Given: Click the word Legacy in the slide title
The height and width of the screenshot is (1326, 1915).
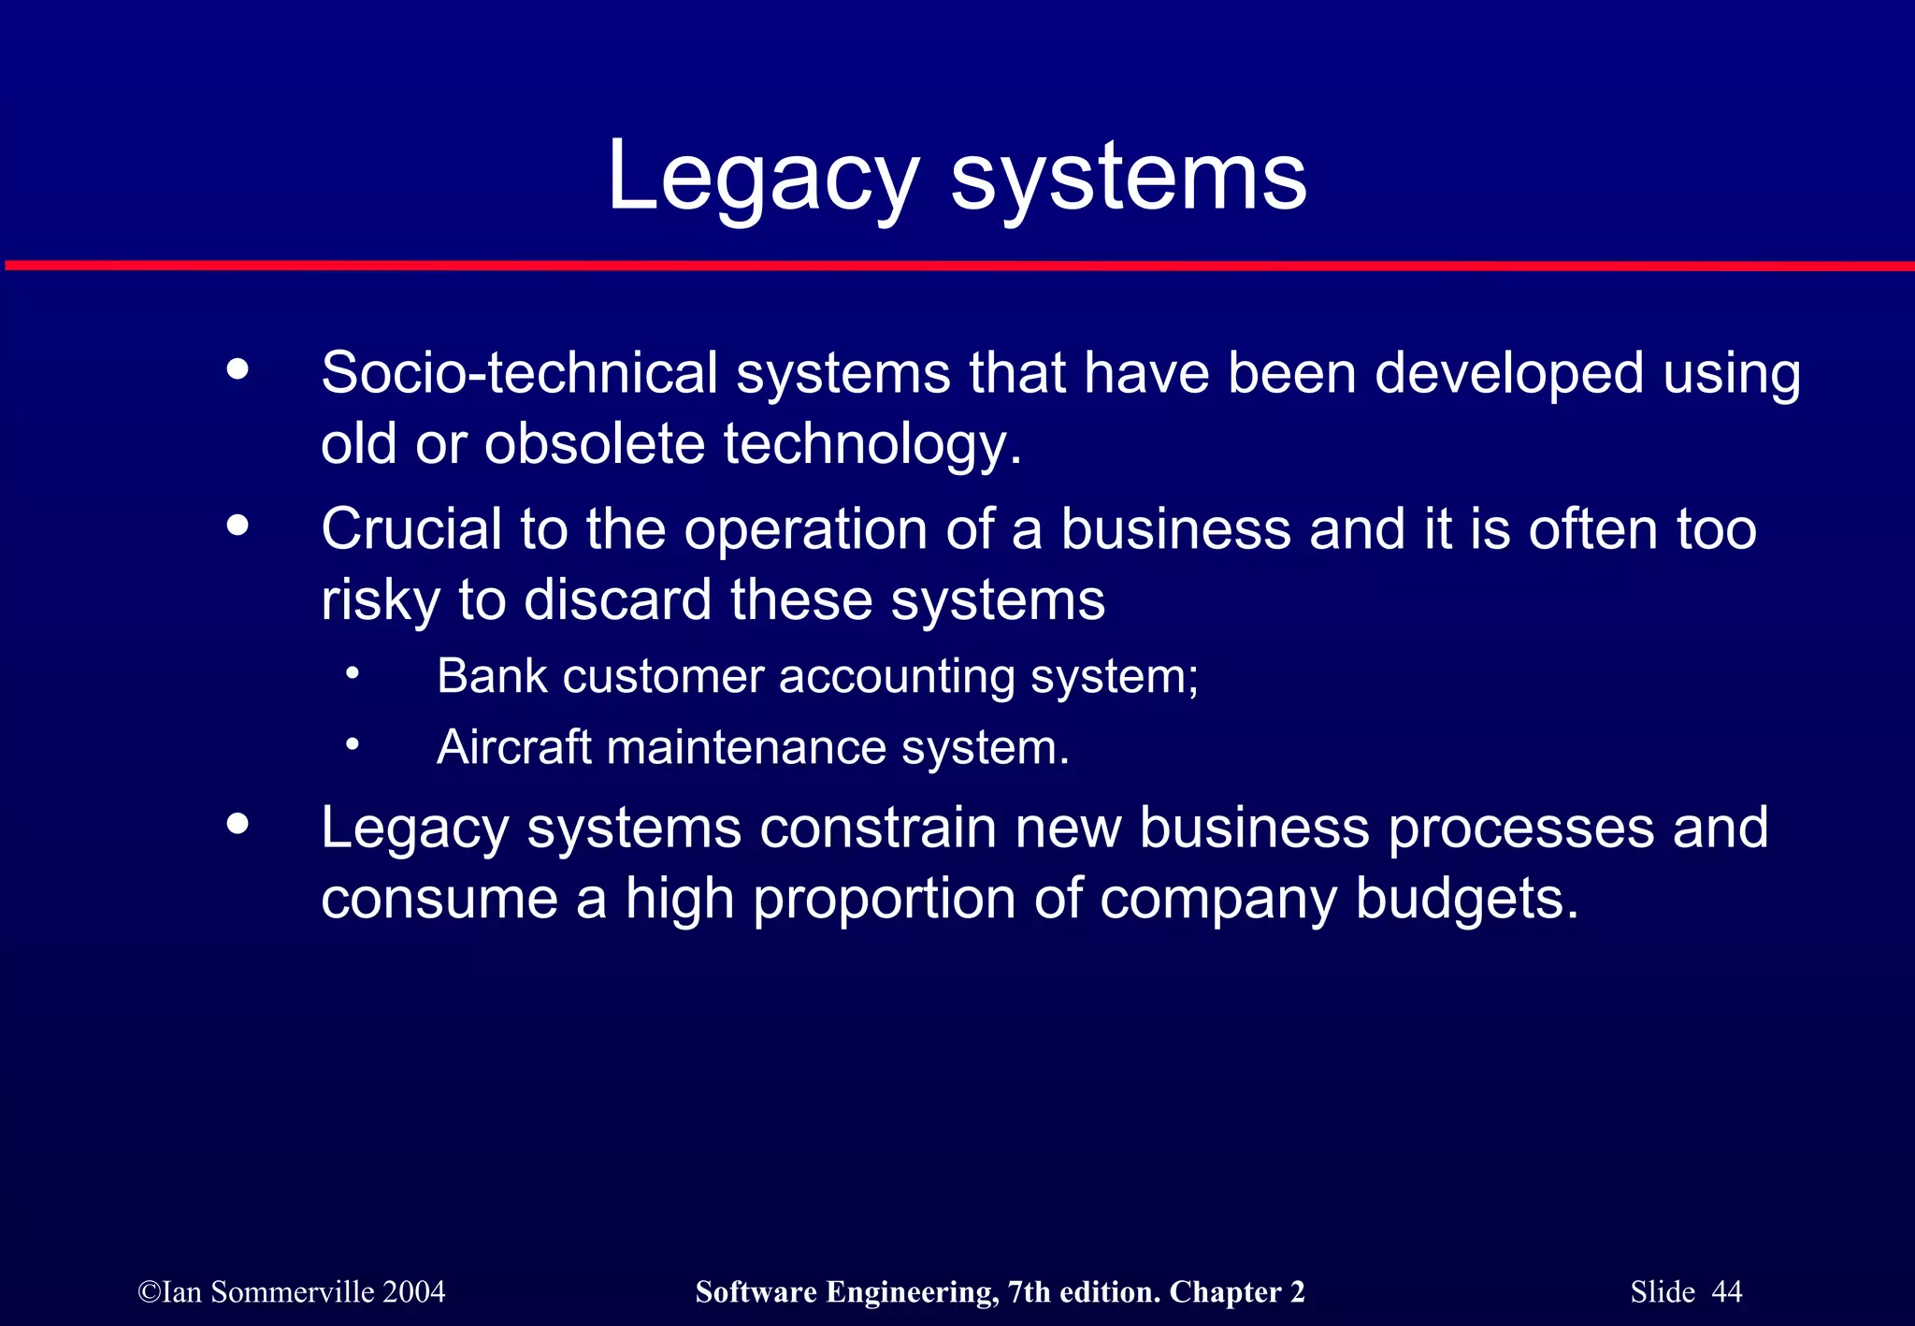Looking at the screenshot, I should [x=762, y=178].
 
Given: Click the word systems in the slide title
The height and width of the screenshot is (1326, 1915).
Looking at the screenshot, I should [x=1129, y=178].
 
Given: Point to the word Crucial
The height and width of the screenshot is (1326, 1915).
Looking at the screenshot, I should [x=411, y=529].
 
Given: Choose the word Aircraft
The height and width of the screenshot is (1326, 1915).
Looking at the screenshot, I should [x=513, y=747].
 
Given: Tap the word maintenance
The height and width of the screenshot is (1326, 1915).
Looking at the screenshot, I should [x=745, y=747].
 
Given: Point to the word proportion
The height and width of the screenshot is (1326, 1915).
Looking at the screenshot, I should [x=884, y=899].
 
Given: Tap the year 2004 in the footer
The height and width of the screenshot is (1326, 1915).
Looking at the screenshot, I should [x=413, y=1291].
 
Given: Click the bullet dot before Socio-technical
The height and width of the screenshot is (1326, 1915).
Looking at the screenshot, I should [x=238, y=368].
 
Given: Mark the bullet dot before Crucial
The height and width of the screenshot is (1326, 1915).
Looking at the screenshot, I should [x=238, y=526].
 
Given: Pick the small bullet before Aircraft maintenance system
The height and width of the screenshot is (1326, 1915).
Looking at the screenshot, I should [x=352, y=745].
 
